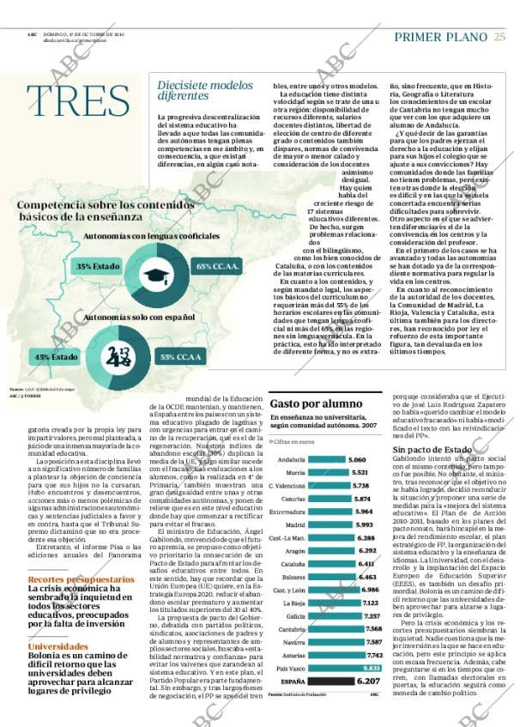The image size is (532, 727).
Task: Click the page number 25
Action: pos(499,36)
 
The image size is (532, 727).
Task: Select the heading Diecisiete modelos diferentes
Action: pos(205,90)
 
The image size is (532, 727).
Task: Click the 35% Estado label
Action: pos(97,267)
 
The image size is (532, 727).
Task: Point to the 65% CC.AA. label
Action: pos(218,267)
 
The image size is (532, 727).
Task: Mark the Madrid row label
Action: pos(296,524)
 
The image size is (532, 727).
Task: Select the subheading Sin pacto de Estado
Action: pos(432,449)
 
